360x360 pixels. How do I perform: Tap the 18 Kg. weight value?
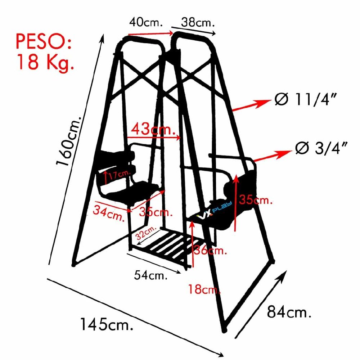pyautogui.click(x=45, y=62)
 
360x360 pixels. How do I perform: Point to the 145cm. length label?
pyautogui.click(x=106, y=325)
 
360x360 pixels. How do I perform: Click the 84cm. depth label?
pyautogui.click(x=288, y=312)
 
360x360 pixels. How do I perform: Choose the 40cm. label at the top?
pyautogui.click(x=146, y=23)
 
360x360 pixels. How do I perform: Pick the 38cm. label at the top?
pyautogui.click(x=198, y=23)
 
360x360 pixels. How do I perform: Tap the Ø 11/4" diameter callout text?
pyautogui.click(x=310, y=99)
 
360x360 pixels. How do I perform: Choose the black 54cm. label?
pyautogui.click(x=151, y=276)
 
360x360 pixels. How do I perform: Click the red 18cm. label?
pyautogui.click(x=204, y=289)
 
